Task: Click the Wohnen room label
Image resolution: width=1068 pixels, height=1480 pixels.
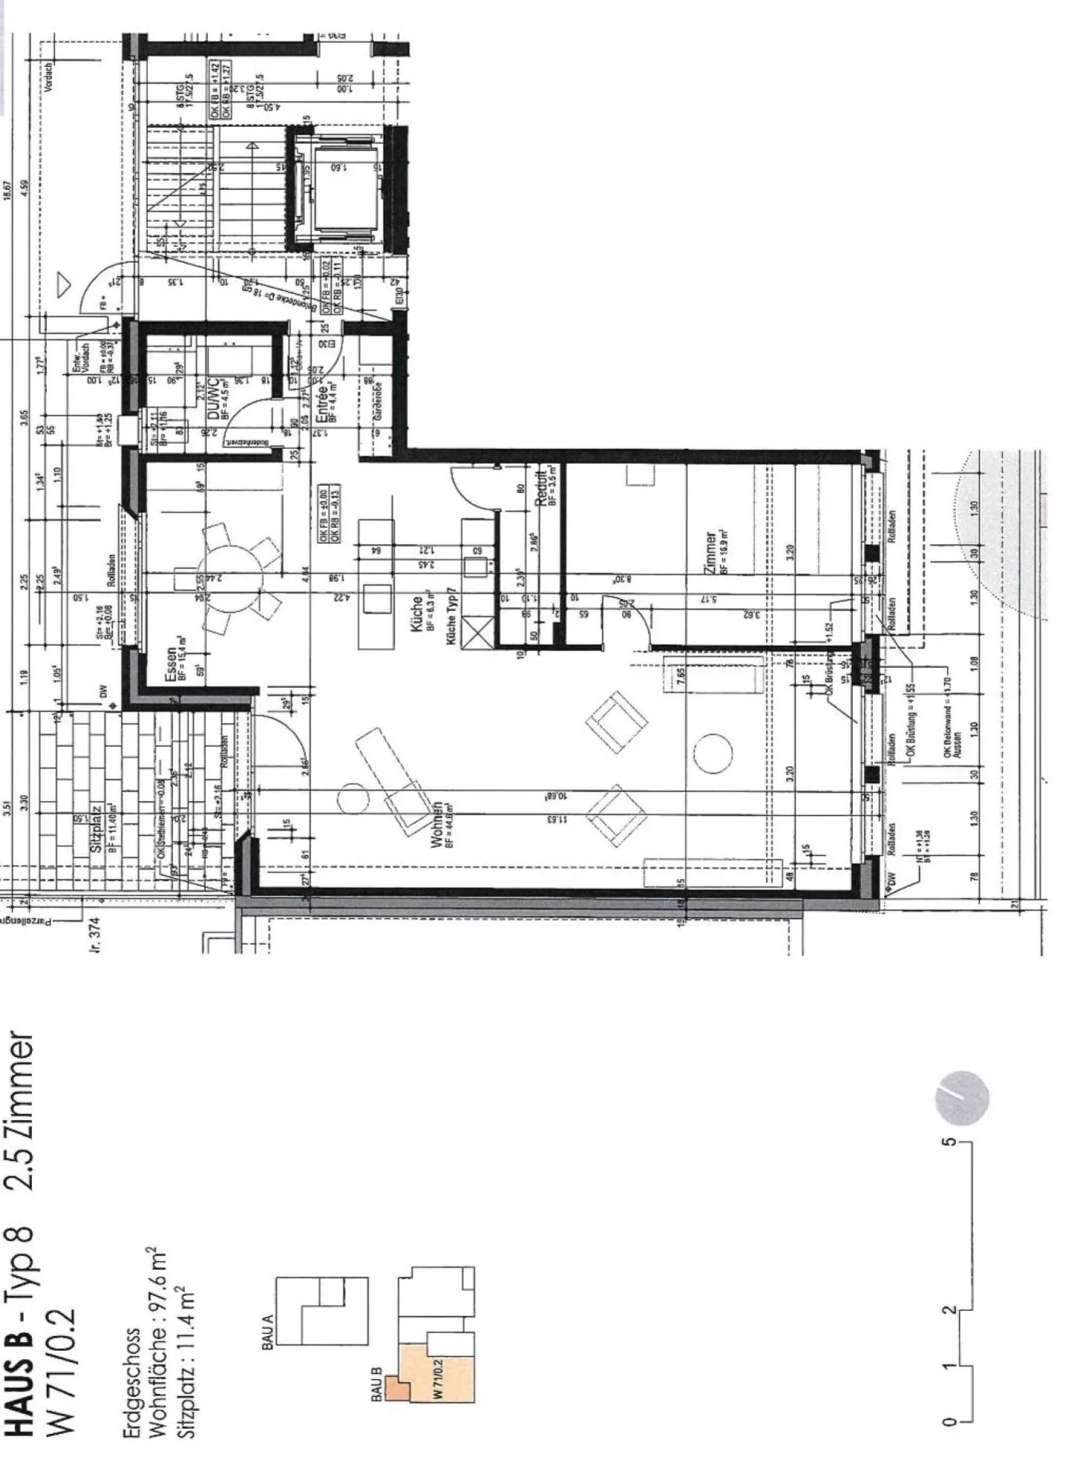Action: pos(438,823)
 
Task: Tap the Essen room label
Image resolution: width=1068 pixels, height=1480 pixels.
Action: pos(171,658)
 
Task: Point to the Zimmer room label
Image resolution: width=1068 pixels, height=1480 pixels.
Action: pos(711,553)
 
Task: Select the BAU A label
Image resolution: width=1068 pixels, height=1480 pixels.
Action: pos(268,1332)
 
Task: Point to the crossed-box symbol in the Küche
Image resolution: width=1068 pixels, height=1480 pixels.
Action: pos(476,632)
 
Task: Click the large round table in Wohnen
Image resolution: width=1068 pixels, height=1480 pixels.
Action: pos(713,753)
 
